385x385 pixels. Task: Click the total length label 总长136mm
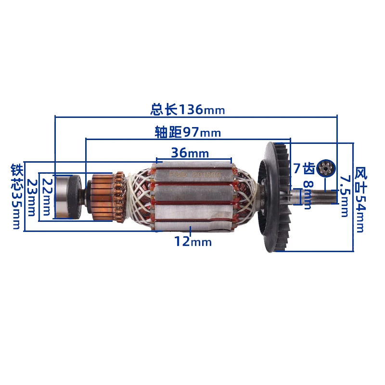187,110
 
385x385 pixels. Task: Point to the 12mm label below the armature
192,242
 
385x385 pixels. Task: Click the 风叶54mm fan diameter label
359,199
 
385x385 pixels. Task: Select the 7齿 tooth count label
304,168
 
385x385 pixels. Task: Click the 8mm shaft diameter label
308,195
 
